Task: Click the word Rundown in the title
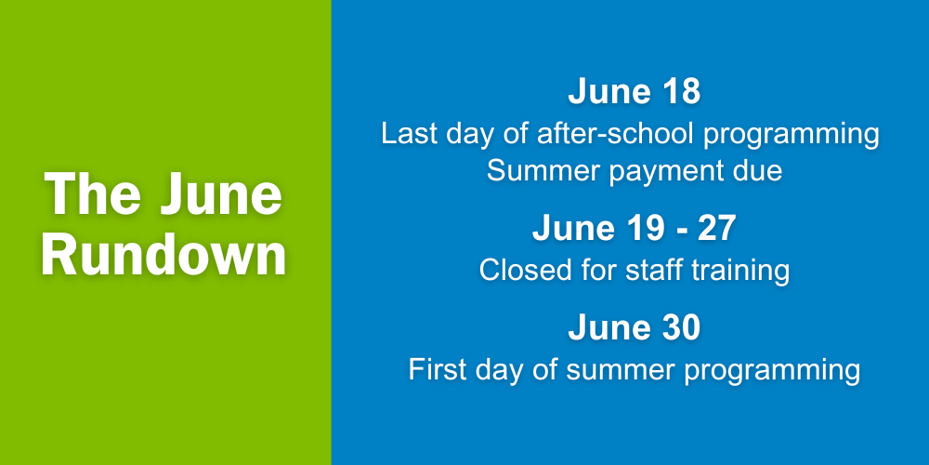pos(164,256)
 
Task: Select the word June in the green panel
pos(222,195)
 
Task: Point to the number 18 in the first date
pos(683,92)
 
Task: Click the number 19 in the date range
pos(648,229)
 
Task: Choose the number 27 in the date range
pos(717,229)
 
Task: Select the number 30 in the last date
pos(682,328)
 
